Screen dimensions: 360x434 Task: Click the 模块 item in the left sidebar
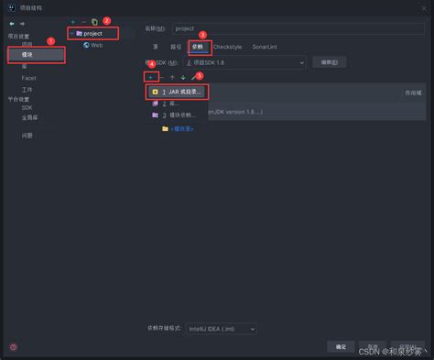27,55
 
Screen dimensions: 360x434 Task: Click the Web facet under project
96,45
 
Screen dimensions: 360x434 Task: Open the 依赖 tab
198,45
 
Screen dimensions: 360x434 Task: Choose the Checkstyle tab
226,45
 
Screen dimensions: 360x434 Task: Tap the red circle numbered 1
50,40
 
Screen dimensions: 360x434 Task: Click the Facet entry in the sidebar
29,78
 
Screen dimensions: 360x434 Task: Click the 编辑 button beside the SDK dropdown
328,62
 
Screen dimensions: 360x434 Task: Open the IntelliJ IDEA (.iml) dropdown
221,327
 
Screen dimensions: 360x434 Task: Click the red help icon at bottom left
13,347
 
